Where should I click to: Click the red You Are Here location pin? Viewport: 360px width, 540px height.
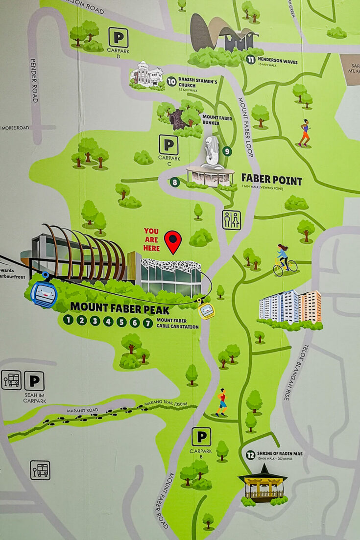pyautogui.click(x=172, y=241)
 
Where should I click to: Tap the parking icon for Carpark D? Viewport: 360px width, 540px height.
pyautogui.click(x=118, y=37)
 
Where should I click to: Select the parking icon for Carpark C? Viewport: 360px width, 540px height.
pyautogui.click(x=168, y=145)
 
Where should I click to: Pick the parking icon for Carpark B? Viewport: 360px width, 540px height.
pyautogui.click(x=201, y=437)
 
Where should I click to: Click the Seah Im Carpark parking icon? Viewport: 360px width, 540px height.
pyautogui.click(x=34, y=381)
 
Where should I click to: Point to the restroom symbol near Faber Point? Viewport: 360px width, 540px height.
pyautogui.click(x=232, y=220)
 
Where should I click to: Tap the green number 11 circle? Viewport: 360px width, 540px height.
pyautogui.click(x=251, y=60)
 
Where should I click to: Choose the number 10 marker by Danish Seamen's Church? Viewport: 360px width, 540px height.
pyautogui.click(x=171, y=81)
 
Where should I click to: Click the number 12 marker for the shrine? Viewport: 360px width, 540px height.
pyautogui.click(x=251, y=455)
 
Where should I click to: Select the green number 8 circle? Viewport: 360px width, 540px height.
pyautogui.click(x=175, y=183)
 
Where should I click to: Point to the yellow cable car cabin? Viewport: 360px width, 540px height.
pyautogui.click(x=206, y=310)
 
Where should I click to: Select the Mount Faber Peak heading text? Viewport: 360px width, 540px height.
pyautogui.click(x=120, y=309)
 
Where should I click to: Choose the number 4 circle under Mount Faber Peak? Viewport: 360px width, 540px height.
pyautogui.click(x=108, y=322)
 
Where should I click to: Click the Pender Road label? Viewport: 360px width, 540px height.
pyautogui.click(x=34, y=81)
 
